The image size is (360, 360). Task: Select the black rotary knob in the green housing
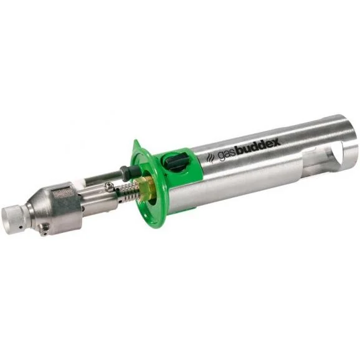click(176, 161)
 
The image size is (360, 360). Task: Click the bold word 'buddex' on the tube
click(258, 148)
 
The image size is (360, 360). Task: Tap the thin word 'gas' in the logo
click(225, 156)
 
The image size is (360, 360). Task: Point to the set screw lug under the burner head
click(44, 230)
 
